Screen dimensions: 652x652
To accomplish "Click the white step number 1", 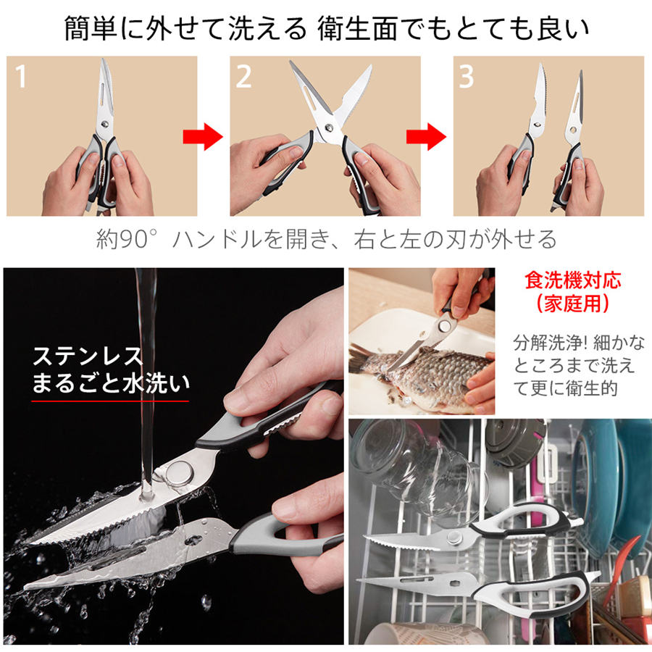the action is [21, 76].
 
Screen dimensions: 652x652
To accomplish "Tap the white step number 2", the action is [243, 76].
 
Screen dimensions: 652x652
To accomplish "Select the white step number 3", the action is [466, 76].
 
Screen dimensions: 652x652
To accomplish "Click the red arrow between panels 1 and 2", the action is [203, 136].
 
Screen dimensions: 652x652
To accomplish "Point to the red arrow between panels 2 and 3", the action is [426, 136].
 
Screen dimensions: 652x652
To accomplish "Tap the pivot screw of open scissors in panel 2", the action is [328, 128].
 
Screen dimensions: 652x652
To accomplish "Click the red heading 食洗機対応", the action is [572, 280].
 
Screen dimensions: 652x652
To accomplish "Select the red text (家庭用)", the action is [572, 304].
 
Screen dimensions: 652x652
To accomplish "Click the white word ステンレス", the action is [88, 356].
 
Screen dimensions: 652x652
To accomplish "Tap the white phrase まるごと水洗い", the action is [111, 383].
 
